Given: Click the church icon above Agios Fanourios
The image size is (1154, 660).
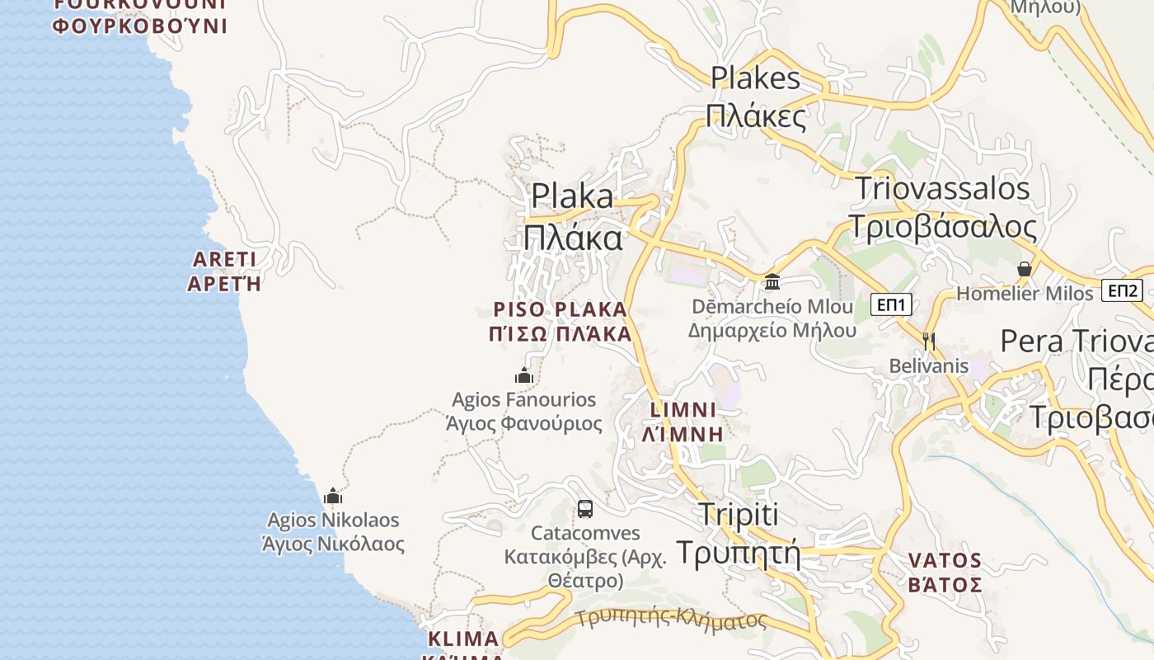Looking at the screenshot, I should click(524, 376).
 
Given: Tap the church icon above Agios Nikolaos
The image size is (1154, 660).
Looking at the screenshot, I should click(333, 496).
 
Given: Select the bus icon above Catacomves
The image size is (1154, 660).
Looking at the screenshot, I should click(585, 509).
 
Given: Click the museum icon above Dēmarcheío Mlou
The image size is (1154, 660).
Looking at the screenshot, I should click(772, 282).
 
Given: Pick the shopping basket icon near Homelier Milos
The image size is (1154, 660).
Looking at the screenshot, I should click(1025, 269).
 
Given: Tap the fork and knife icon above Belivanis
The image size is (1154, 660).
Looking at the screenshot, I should click(929, 340).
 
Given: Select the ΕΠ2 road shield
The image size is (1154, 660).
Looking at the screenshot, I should click(1124, 290).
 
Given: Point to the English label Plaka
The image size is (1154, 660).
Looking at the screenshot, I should click(572, 196).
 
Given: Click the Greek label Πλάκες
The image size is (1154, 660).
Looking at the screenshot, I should click(756, 116).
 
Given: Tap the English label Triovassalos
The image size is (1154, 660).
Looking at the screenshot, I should click(942, 188).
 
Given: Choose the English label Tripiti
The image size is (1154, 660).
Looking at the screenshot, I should click(738, 514).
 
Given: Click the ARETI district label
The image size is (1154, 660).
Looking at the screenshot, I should click(224, 259).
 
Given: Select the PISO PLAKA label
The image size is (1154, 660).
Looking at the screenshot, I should click(561, 309).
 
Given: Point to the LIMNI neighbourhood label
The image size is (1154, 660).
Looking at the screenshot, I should click(683, 409).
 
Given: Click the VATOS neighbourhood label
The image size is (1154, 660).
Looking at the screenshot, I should click(945, 561).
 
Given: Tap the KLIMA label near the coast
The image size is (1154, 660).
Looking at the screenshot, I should click(463, 639).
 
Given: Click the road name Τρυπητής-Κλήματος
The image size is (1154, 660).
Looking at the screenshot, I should click(671, 619).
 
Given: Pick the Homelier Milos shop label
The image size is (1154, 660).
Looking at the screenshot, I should click(1025, 294).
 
